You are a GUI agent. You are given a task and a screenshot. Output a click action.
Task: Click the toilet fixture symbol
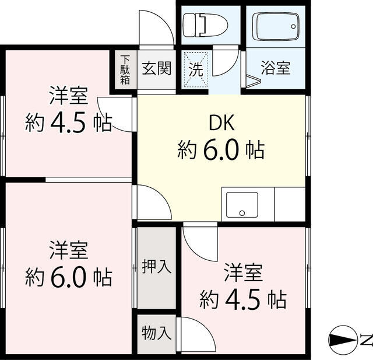click(205, 25)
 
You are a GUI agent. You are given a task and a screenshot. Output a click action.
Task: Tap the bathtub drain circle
click(293, 26)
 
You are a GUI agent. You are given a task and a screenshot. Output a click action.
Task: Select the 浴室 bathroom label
click(276, 68)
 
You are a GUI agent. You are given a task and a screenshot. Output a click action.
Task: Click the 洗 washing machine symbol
click(196, 69)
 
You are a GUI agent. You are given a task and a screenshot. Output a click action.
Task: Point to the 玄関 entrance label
click(157, 68)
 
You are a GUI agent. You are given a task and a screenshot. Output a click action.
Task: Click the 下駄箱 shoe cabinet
click(125, 69)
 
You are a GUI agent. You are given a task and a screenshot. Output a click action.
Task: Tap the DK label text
click(221, 123)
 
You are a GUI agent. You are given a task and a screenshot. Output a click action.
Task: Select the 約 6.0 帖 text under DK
click(221, 150)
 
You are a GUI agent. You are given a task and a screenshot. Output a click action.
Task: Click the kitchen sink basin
click(242, 205)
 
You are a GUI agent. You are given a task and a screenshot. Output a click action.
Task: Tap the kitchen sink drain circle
click(242, 213)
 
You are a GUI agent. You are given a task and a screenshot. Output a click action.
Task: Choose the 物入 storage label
click(157, 333)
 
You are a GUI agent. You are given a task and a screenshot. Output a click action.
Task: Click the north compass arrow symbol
click(343, 339)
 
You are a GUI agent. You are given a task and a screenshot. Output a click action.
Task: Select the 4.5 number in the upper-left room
click(68, 124)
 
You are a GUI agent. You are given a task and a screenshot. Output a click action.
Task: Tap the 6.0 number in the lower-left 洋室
click(68, 277)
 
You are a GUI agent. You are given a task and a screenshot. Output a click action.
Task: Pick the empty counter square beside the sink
click(290, 204)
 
